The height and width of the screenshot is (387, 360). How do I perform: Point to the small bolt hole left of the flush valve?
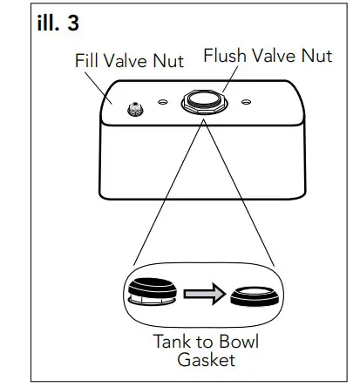(163, 101)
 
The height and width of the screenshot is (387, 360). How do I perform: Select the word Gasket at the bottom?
(207, 360)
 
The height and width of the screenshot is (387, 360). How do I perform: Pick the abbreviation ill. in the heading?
(45, 24)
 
